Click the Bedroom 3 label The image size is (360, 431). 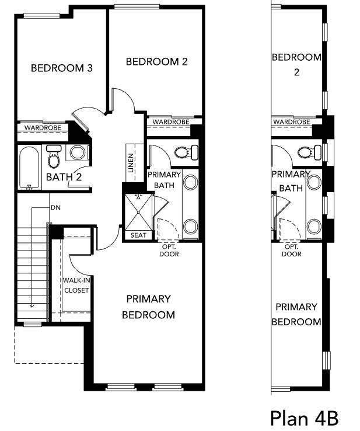click(x=61, y=68)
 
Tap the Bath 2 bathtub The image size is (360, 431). click(x=29, y=168)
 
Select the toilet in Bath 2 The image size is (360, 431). click(x=54, y=156)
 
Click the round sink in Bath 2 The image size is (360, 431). click(x=77, y=152)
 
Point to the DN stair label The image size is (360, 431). click(x=55, y=207)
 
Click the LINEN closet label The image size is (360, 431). click(x=131, y=163)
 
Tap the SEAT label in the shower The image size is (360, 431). click(x=138, y=235)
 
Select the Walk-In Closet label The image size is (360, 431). click(x=76, y=286)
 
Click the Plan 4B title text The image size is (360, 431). click(x=304, y=418)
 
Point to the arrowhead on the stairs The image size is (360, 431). click(x=32, y=305)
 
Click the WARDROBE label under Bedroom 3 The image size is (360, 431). click(x=43, y=128)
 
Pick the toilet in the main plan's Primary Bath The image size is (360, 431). click(x=187, y=152)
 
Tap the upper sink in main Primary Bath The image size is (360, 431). click(x=190, y=182)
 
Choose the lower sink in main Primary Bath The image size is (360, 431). click(x=190, y=226)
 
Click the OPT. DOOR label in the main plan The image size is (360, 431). click(x=169, y=251)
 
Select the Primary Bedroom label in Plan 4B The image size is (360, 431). click(x=296, y=314)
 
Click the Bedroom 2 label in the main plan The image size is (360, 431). click(x=157, y=61)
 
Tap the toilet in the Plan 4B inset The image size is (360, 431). click(x=309, y=152)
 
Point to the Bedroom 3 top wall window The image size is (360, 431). click(x=42, y=16)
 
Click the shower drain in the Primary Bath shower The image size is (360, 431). click(x=139, y=212)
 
